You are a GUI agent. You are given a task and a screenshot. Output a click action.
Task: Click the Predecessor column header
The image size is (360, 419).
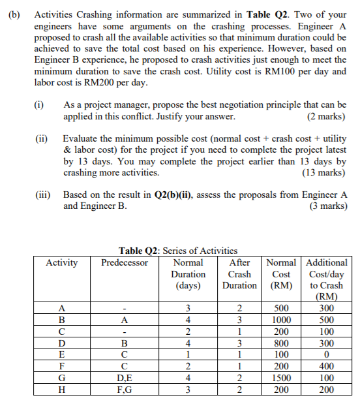125,262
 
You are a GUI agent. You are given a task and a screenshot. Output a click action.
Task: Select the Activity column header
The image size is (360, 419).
62,262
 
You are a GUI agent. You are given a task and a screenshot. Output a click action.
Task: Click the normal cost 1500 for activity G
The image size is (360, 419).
280,378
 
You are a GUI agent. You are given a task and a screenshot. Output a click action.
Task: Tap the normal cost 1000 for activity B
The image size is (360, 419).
280,320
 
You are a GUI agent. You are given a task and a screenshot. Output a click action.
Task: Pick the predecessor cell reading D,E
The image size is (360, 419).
125,378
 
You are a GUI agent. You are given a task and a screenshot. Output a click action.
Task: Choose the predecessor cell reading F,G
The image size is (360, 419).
125,390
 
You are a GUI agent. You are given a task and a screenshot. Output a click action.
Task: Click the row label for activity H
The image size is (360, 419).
62,390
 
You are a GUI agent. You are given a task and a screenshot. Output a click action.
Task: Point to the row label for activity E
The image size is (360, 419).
62,354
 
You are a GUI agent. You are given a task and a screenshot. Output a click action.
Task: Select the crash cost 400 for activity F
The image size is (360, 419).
327,366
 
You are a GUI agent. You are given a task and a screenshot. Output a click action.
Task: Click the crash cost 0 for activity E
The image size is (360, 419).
327,354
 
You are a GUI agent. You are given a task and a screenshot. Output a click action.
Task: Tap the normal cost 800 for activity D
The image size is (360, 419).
280,343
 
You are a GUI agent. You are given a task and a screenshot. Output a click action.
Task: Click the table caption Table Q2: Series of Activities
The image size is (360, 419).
178,251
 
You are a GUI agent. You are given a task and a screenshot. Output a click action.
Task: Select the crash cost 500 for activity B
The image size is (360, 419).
327,320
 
